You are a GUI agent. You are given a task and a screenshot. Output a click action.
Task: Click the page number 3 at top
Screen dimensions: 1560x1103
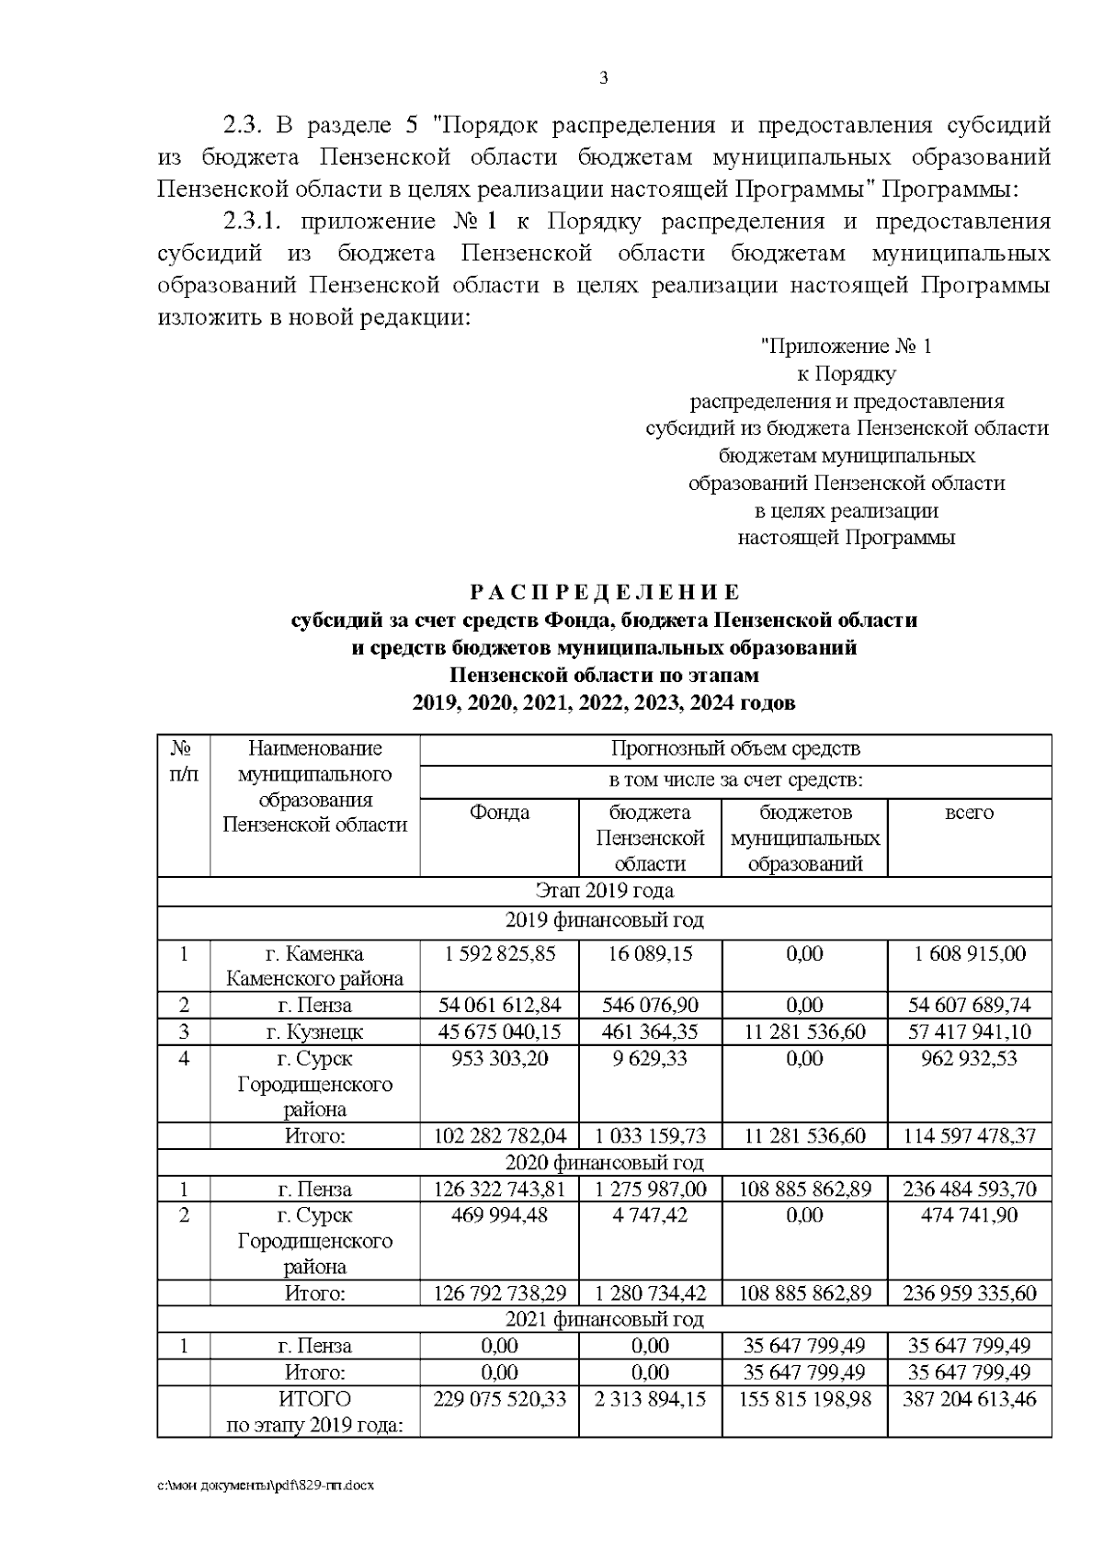pos(603,78)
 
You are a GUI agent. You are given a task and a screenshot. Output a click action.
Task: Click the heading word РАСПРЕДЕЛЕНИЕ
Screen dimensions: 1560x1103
pos(604,592)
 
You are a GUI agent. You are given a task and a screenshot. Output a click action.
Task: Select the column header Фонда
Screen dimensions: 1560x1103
pos(499,813)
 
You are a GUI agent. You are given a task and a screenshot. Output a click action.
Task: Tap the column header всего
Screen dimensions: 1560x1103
pos(969,813)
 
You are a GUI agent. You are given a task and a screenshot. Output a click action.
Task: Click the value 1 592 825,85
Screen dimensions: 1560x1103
pos(499,953)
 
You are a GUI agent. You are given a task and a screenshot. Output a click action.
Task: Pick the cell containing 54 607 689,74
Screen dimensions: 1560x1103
pos(969,1005)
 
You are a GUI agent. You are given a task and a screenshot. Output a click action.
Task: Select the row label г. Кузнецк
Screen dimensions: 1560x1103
pos(314,1031)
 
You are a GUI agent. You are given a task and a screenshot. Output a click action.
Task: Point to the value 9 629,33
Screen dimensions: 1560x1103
pos(650,1058)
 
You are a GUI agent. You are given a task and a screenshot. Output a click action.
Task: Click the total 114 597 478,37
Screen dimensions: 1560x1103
pos(969,1136)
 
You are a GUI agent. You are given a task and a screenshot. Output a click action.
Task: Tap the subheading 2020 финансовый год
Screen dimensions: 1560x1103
pos(604,1163)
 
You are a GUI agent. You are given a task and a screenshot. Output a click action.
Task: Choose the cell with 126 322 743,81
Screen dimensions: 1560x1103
pos(499,1190)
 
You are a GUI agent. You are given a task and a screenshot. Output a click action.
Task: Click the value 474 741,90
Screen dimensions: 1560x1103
pos(969,1215)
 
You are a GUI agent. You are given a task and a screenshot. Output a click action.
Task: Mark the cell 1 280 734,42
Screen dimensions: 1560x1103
pos(650,1293)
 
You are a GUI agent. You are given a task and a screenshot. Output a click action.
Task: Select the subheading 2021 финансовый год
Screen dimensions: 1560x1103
pos(604,1320)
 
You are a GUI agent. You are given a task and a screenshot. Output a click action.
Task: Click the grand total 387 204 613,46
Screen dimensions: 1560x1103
pos(969,1399)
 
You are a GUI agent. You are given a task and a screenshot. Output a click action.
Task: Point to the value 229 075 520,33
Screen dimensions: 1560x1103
pos(499,1399)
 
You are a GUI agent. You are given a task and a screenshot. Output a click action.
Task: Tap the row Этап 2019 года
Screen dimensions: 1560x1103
pos(604,891)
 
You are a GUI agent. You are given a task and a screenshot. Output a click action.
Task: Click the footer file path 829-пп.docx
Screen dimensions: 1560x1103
pos(267,1485)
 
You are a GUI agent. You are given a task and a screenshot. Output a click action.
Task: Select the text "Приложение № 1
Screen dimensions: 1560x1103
pos(847,347)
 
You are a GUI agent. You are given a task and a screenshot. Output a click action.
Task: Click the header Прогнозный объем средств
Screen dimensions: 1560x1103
pos(735,748)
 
